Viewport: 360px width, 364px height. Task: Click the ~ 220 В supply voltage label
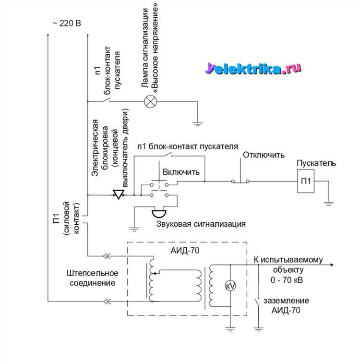67,23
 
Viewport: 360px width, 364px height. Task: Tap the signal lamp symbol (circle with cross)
151,101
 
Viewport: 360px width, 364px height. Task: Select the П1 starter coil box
306,182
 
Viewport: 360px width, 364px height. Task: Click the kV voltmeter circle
230,285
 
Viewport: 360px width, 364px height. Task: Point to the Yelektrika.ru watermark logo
254,69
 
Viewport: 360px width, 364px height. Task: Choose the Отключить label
264,155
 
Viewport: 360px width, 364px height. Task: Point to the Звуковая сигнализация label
201,224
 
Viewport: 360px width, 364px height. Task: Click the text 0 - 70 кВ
287,279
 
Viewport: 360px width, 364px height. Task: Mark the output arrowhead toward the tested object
332,265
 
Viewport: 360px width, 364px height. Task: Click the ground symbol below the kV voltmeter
230,329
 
